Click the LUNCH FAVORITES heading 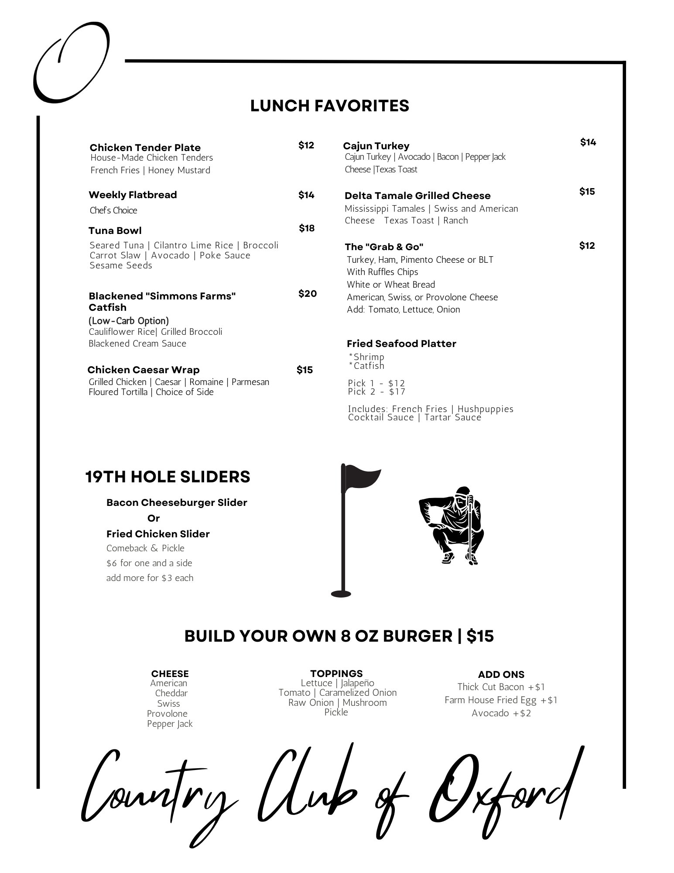[329, 106]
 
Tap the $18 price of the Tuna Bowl [307, 228]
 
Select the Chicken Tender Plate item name [145, 148]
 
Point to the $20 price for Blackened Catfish [308, 294]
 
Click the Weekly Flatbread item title [133, 195]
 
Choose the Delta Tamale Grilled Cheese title [417, 196]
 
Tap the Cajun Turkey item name [376, 146]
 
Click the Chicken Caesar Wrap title [143, 370]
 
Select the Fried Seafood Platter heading [401, 344]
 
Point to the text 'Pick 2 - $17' [376, 392]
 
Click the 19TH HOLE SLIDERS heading [168, 477]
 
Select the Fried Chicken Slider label [158, 534]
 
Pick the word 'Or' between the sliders [154, 518]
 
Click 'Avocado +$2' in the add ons [501, 713]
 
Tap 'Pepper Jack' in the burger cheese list [170, 723]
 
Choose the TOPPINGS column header [336, 673]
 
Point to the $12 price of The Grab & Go [587, 246]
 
